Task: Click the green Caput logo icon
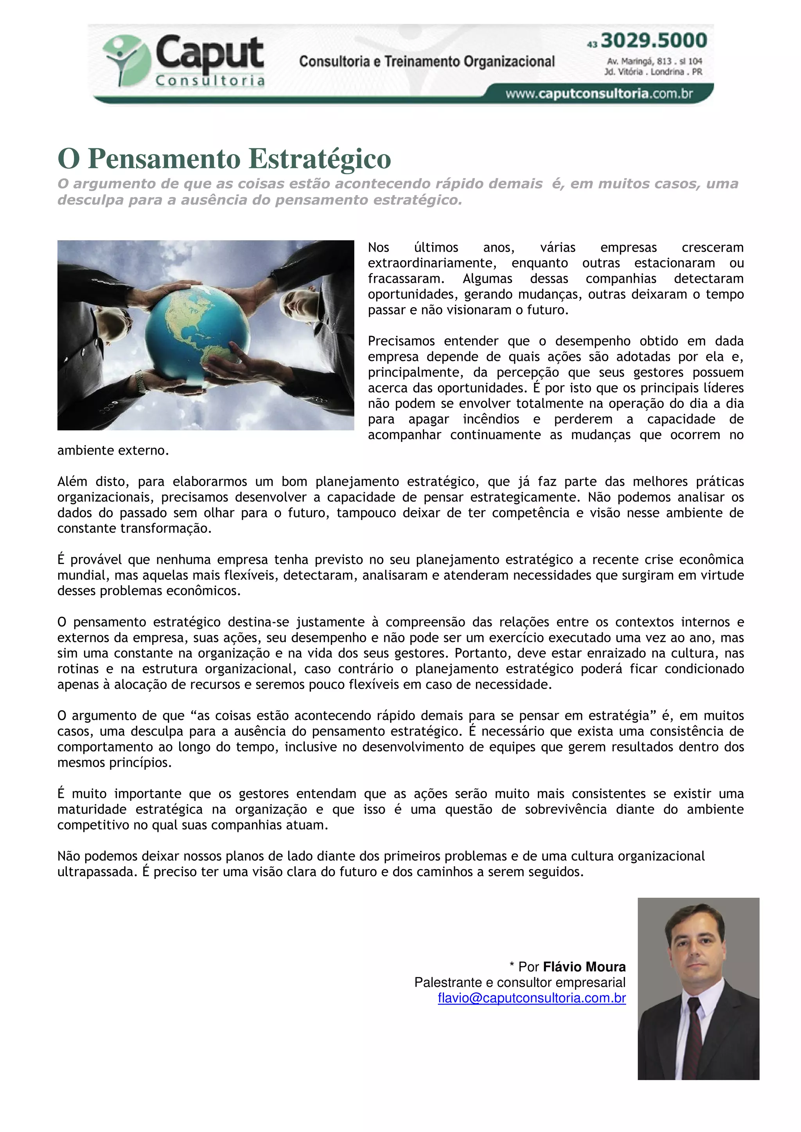click(126, 60)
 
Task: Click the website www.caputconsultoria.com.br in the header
click(599, 94)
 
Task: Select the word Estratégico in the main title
click(319, 159)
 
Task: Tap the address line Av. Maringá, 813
click(654, 61)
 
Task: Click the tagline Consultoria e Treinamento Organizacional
click(427, 62)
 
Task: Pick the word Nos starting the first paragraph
click(379, 248)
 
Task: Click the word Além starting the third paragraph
click(72, 482)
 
